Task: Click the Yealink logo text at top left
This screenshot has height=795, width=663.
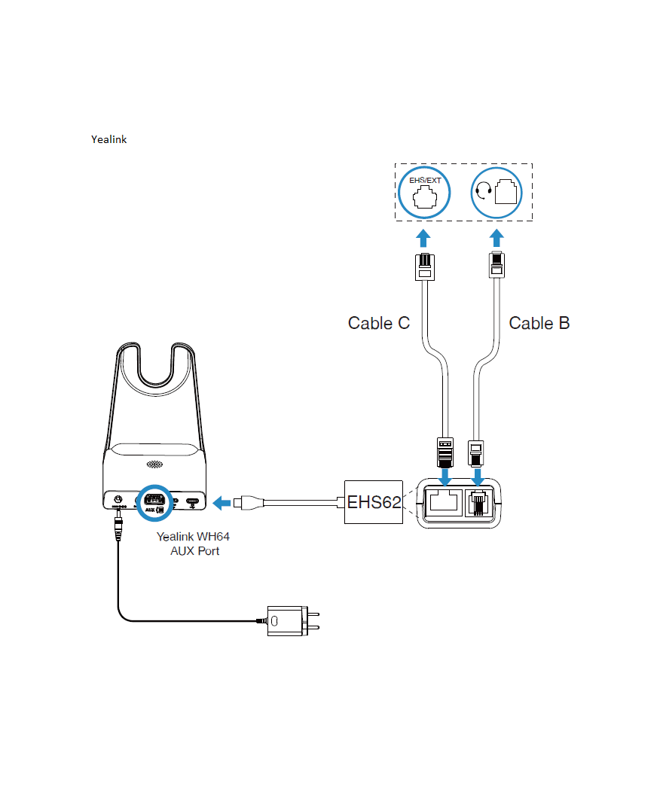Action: (x=108, y=139)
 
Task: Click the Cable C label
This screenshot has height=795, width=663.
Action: (x=378, y=323)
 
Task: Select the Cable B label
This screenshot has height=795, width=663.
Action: (x=539, y=323)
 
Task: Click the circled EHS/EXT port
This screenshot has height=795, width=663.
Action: (x=425, y=193)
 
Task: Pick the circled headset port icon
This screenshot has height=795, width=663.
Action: (x=496, y=193)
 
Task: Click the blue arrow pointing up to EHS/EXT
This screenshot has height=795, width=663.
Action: (x=424, y=239)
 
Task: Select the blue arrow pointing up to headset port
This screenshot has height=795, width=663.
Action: (x=496, y=239)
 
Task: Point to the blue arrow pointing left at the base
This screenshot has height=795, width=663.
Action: (x=223, y=501)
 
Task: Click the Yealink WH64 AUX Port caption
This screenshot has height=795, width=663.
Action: (x=193, y=544)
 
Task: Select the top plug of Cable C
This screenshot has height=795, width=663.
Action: (x=424, y=268)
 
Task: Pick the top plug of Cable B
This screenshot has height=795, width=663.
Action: (x=496, y=267)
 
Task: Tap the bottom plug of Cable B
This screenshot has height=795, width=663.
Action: (x=477, y=451)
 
